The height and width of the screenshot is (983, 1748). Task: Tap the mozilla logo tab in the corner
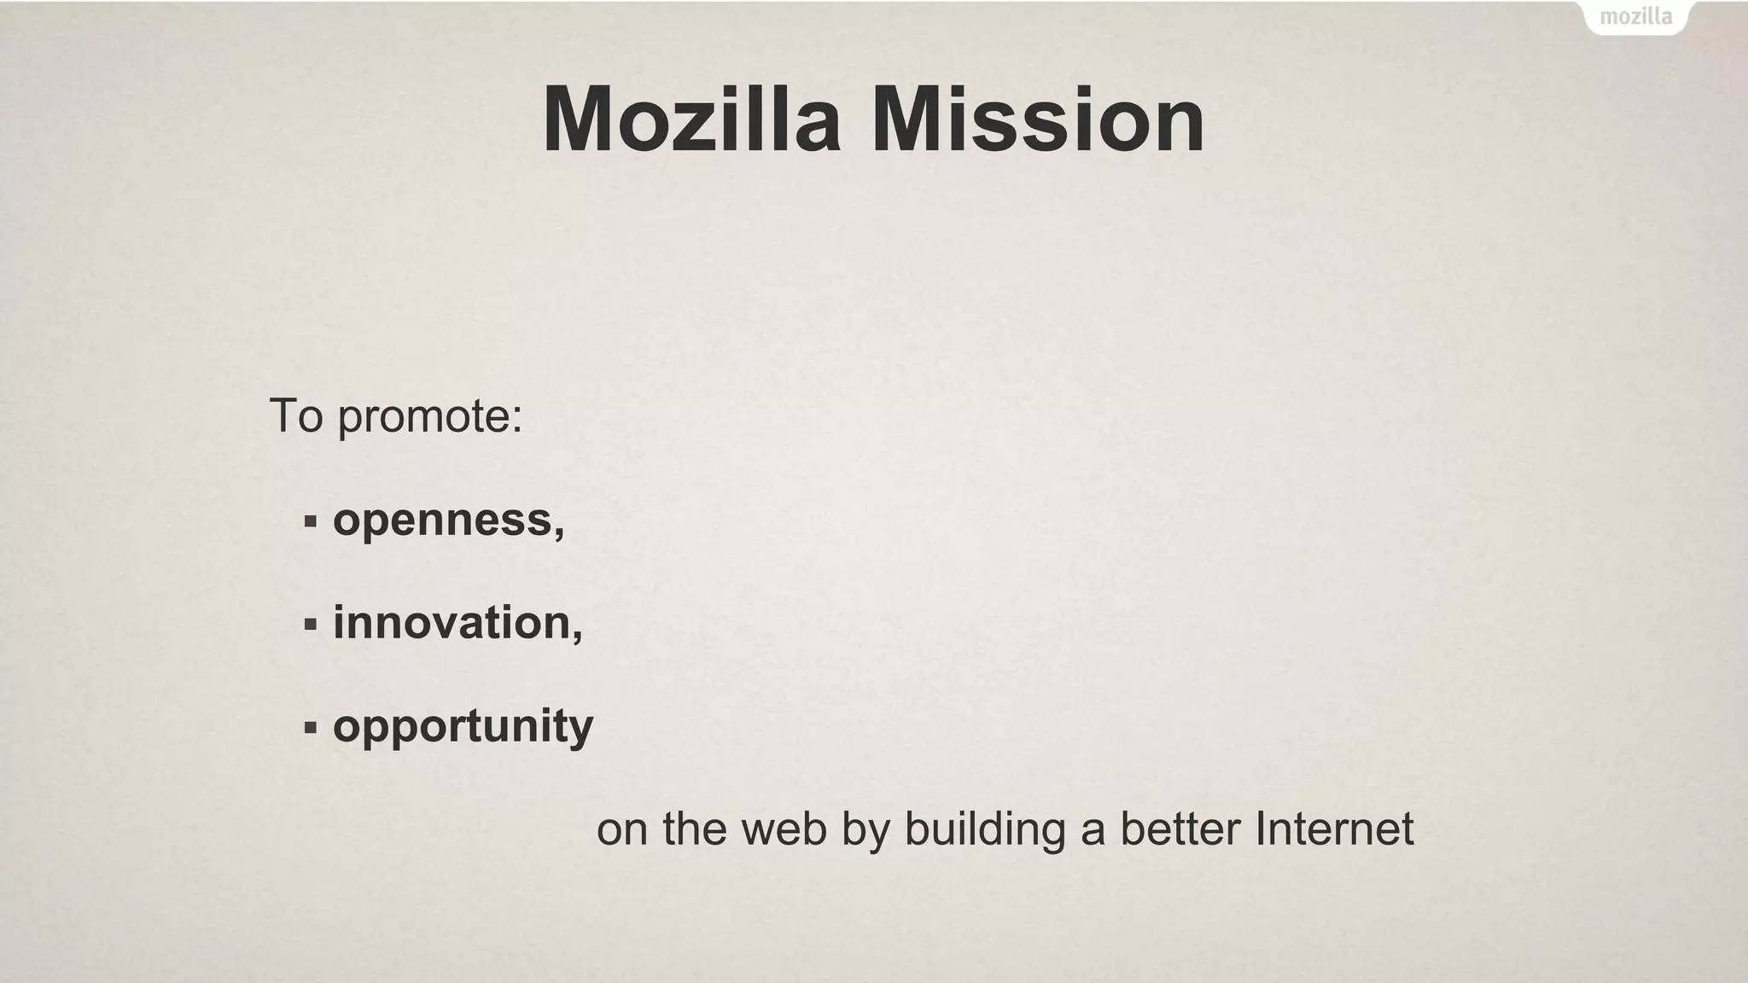tap(1635, 17)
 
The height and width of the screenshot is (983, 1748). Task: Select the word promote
tap(424, 418)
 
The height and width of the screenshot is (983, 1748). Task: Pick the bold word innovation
tap(452, 622)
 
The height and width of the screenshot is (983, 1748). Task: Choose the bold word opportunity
tap(463, 728)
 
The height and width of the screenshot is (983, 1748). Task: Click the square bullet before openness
tap(310, 521)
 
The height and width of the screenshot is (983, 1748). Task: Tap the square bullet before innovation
tap(310, 625)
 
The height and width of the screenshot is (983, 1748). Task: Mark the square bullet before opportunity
tap(310, 728)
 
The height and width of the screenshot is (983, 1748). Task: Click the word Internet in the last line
tap(1334, 829)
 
